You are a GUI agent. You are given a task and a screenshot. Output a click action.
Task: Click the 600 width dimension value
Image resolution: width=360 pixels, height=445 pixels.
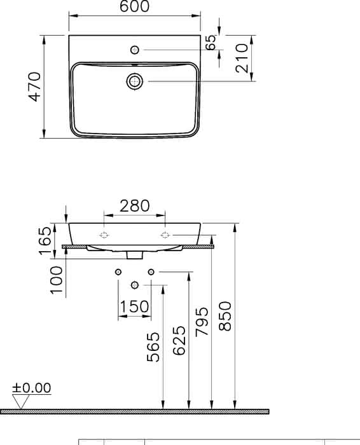coord(134,6)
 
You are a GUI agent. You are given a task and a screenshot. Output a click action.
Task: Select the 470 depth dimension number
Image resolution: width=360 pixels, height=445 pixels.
coord(35,87)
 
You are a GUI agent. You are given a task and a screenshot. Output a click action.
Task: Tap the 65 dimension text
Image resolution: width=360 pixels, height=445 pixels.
coord(211,43)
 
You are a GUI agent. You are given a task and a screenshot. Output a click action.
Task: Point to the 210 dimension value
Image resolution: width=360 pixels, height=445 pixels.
coord(242,58)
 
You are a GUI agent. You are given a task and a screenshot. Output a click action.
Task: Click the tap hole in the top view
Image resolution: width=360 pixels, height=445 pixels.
coord(135,50)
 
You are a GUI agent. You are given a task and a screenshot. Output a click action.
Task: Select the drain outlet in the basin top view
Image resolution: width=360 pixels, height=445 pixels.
coord(135,81)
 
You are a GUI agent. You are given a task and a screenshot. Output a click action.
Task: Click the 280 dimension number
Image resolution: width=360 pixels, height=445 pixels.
coord(134,206)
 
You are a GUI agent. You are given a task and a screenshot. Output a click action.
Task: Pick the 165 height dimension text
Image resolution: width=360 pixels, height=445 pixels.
coord(45,241)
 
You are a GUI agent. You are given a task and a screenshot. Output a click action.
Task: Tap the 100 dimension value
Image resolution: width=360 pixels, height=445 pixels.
coord(56,280)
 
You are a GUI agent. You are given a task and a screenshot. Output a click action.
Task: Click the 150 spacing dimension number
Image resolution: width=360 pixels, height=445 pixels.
coord(134,306)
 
